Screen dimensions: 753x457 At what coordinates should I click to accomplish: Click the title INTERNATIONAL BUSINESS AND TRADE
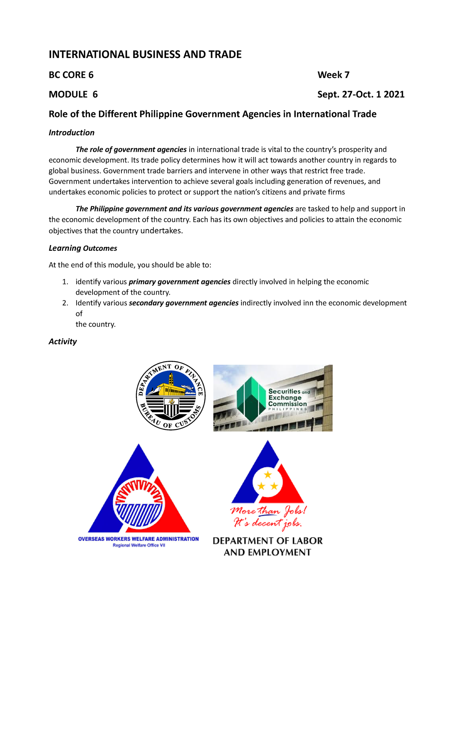click(145, 54)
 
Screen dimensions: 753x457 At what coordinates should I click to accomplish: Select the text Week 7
click(333, 75)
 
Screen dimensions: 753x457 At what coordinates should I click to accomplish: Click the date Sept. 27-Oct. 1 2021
click(361, 95)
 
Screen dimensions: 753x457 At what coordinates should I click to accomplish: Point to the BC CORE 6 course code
click(71, 75)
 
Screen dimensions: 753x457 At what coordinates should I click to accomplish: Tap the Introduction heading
click(72, 133)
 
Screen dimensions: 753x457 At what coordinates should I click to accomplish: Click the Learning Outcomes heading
click(83, 248)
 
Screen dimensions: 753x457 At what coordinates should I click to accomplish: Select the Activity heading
click(63, 341)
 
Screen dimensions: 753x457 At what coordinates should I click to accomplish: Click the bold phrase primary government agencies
click(179, 282)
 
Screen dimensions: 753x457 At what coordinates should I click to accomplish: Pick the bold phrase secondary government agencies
click(184, 303)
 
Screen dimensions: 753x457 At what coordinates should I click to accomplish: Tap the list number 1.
click(65, 282)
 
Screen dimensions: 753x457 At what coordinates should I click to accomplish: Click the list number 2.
click(65, 303)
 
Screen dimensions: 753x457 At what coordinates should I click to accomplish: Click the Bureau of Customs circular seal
click(171, 396)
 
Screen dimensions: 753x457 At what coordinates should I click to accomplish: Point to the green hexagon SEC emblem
click(251, 399)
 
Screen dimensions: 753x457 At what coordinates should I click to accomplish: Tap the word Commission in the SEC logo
click(287, 404)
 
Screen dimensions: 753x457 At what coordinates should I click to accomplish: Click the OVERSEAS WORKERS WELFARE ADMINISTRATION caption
click(138, 539)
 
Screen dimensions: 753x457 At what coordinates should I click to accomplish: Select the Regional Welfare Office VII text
click(139, 545)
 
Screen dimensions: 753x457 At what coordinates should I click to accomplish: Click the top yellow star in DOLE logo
click(268, 474)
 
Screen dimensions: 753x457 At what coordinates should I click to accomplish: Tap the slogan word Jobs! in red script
click(295, 511)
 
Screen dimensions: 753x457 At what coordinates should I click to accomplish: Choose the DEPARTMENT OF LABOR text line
click(267, 541)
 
